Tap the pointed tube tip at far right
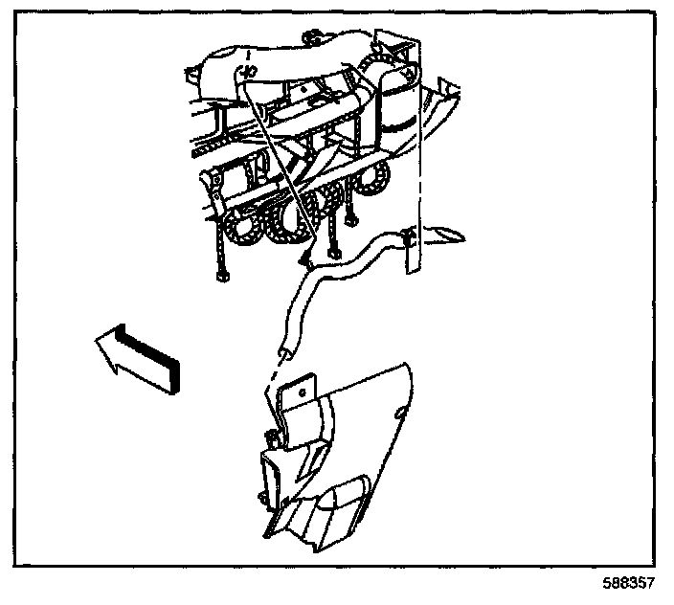458,233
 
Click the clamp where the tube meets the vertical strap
408,237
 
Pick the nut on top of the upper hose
313,41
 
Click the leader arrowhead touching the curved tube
304,258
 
